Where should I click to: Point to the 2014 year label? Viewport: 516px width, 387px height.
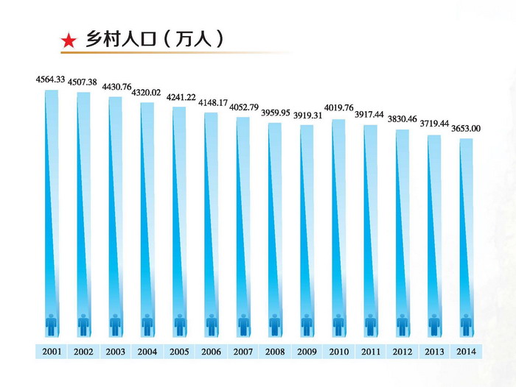(466, 352)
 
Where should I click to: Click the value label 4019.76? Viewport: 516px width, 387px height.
(338, 110)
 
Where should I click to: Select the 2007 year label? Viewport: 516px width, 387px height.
(243, 352)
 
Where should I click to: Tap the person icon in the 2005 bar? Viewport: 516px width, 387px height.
(179, 323)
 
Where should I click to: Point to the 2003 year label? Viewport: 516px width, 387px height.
(115, 352)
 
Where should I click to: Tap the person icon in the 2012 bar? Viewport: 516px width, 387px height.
(402, 323)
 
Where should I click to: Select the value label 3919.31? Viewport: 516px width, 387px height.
(307, 116)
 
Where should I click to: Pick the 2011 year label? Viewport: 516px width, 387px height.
(370, 352)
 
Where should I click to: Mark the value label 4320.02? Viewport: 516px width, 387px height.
(146, 93)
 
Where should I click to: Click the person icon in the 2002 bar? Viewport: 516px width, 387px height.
(83, 323)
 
